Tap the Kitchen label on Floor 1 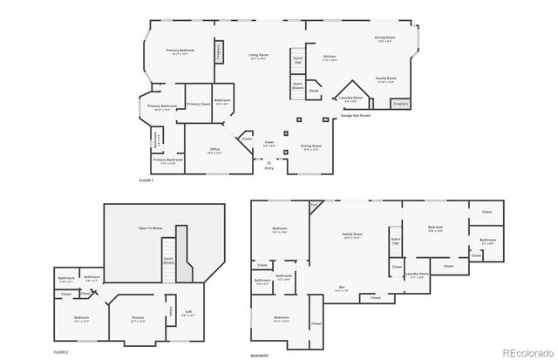point(330,58)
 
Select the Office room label point(214,150)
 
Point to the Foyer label point(269,143)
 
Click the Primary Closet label point(198,104)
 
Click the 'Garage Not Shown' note point(355,115)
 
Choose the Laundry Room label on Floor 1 point(350,98)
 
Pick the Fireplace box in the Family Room point(401,104)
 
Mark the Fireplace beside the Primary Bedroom point(218,51)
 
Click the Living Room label point(258,57)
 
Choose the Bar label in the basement point(342,289)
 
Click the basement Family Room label point(352,236)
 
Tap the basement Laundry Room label point(415,276)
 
